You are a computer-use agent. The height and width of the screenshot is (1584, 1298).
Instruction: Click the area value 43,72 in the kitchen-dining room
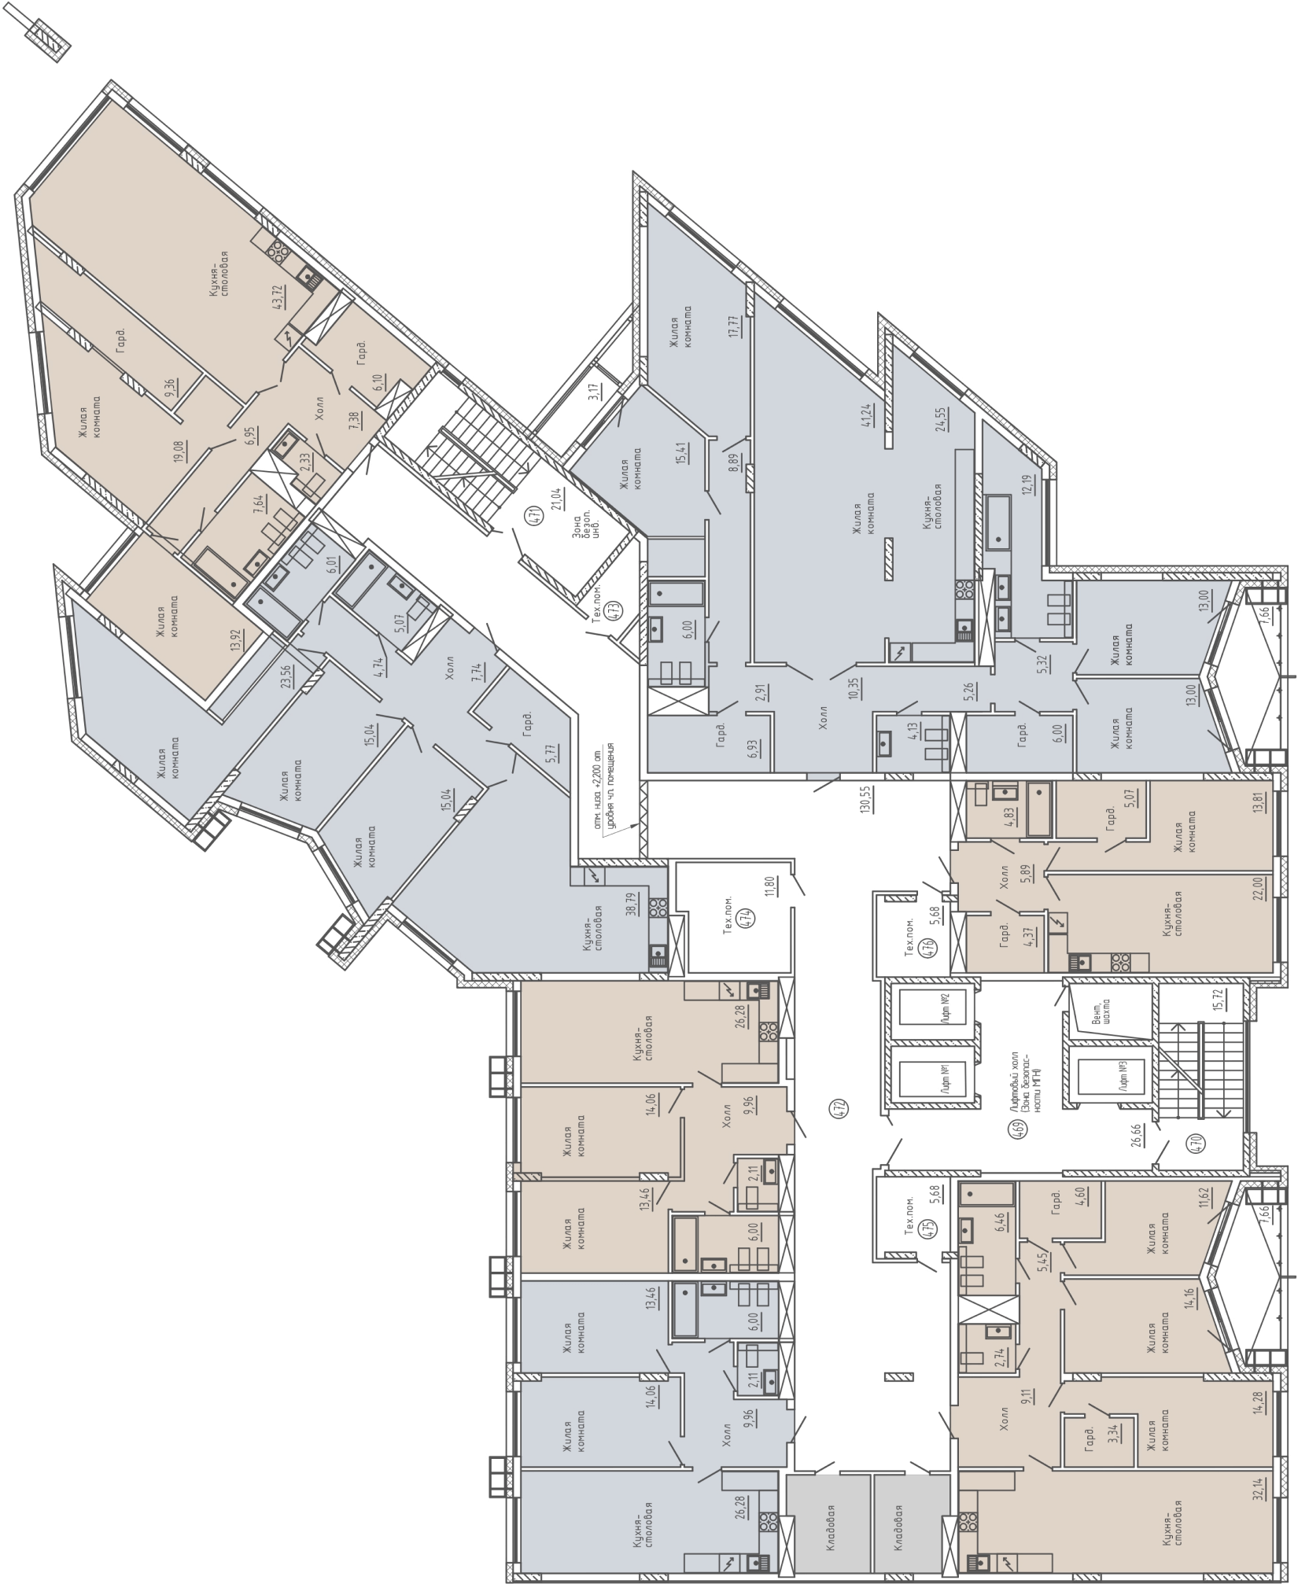tap(278, 298)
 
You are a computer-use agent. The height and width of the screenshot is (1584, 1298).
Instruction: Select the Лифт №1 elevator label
tap(938, 1071)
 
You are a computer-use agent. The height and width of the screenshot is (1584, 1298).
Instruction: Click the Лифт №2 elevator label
tap(939, 1008)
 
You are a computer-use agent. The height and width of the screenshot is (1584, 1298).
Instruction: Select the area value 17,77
tap(736, 326)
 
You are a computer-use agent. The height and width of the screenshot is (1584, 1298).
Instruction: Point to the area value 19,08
tap(183, 455)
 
